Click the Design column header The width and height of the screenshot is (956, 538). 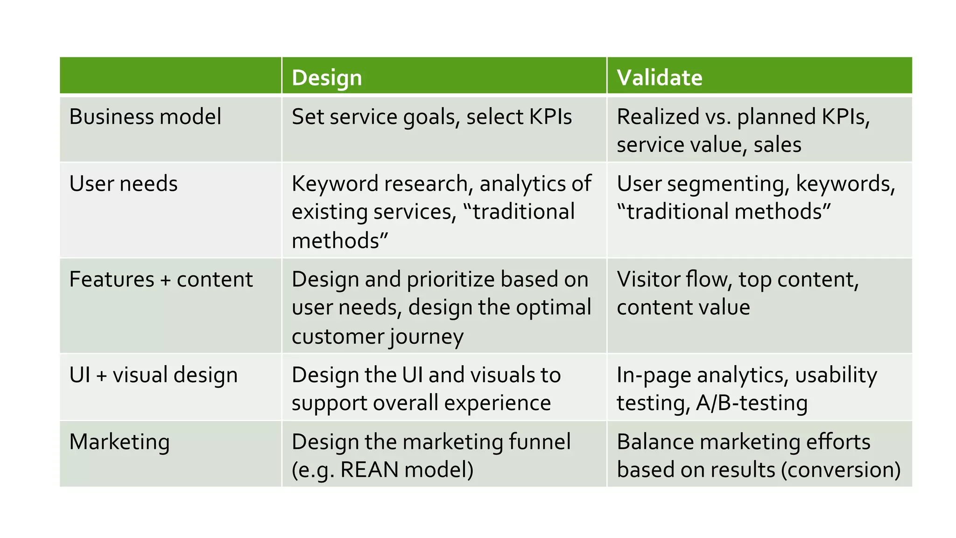327,78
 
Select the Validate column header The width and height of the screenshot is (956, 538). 659,78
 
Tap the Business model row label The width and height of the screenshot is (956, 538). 145,117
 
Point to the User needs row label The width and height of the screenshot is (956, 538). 123,184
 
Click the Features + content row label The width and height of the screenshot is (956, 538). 161,279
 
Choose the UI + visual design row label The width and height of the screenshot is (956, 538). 154,375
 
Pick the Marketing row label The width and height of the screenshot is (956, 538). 119,442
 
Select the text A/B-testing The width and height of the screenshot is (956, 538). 752,403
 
